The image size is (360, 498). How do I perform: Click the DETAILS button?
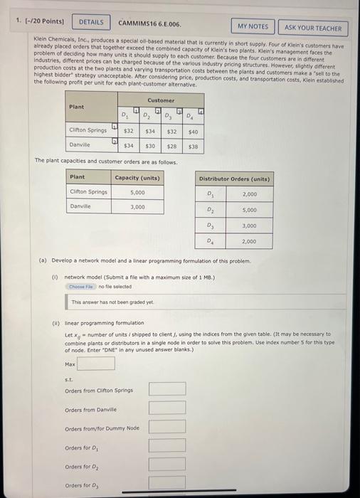pos(90,22)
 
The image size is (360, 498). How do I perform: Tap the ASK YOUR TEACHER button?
pos(312,28)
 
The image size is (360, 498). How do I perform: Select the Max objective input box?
pos(96,364)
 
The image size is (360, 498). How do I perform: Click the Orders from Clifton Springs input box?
pos(167,388)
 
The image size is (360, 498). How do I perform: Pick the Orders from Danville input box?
pos(167,408)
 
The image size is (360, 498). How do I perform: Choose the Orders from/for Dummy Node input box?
pos(167,427)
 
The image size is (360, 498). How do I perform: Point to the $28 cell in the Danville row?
pos(171,145)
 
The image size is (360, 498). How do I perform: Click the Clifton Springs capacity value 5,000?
pos(138,191)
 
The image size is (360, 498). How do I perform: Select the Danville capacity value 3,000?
pos(138,206)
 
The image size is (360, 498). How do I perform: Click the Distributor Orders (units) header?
pos(234,178)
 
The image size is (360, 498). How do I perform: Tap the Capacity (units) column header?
pos(137,177)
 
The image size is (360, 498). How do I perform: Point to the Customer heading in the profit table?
pos(161,100)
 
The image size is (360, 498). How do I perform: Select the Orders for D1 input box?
pos(167,445)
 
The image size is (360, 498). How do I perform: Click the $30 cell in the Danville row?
pos(150,145)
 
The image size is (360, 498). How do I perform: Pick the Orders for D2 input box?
pos(167,465)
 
